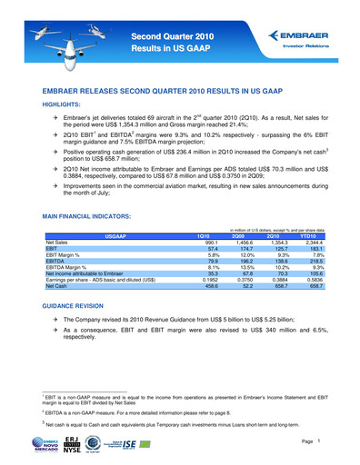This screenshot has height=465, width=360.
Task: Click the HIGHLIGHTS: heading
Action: (66, 104)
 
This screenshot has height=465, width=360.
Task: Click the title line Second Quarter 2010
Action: (173, 34)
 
